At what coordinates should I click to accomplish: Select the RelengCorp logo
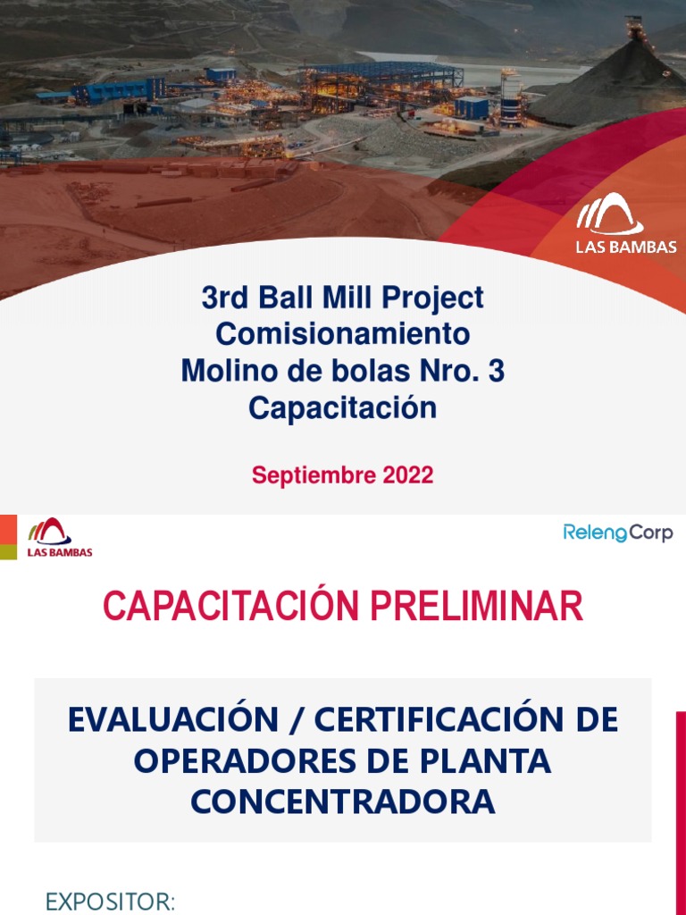(618, 533)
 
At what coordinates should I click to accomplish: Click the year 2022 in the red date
(408, 475)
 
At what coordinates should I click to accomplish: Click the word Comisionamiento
(342, 334)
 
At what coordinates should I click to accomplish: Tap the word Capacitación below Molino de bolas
(342, 408)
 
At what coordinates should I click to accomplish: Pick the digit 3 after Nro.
(495, 371)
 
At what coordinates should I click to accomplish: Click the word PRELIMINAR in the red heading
(476, 607)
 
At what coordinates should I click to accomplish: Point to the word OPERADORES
(241, 761)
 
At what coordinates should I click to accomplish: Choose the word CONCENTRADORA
(343, 802)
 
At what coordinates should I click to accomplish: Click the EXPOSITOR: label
(110, 902)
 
